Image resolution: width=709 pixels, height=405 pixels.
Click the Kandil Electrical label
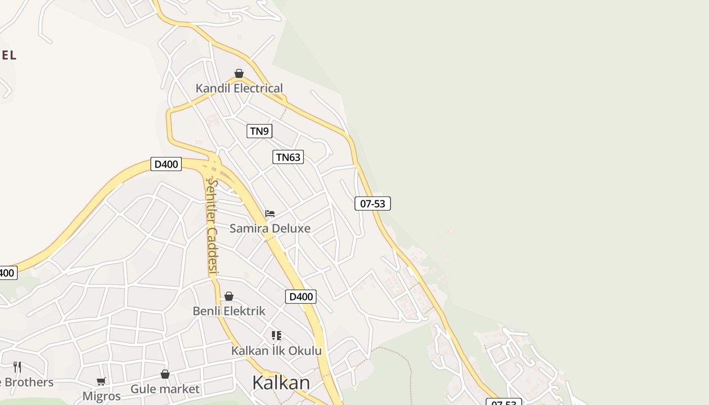click(x=239, y=88)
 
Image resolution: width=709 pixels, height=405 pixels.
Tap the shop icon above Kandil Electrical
click(x=239, y=74)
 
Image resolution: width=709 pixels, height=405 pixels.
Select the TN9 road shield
click(x=259, y=131)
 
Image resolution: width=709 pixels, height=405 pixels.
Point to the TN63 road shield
click(x=288, y=157)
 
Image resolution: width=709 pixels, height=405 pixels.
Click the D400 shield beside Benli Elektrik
click(x=301, y=297)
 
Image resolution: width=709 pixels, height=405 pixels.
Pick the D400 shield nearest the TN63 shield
click(x=166, y=164)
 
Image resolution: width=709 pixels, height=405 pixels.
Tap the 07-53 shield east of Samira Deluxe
click(x=373, y=204)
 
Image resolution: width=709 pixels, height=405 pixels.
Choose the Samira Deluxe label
click(x=270, y=228)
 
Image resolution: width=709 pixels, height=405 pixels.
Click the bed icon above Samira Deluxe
click(x=270, y=214)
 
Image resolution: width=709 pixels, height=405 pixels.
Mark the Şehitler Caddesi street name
click(x=212, y=228)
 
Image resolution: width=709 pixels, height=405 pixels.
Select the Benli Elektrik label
click(x=229, y=311)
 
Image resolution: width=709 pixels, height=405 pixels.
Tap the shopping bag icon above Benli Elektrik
click(x=229, y=296)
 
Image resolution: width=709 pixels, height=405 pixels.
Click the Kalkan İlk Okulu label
click(x=277, y=350)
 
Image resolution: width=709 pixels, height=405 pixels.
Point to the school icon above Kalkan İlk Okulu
click(x=277, y=336)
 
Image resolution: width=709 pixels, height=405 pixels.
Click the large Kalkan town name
click(x=281, y=383)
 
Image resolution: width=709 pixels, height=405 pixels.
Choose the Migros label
click(x=102, y=396)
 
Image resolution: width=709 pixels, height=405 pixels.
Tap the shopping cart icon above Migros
click(x=101, y=381)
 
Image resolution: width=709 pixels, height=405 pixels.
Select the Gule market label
click(x=165, y=389)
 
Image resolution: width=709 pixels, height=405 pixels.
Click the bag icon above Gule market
click(x=165, y=374)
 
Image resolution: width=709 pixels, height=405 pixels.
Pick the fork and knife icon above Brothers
click(x=17, y=367)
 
